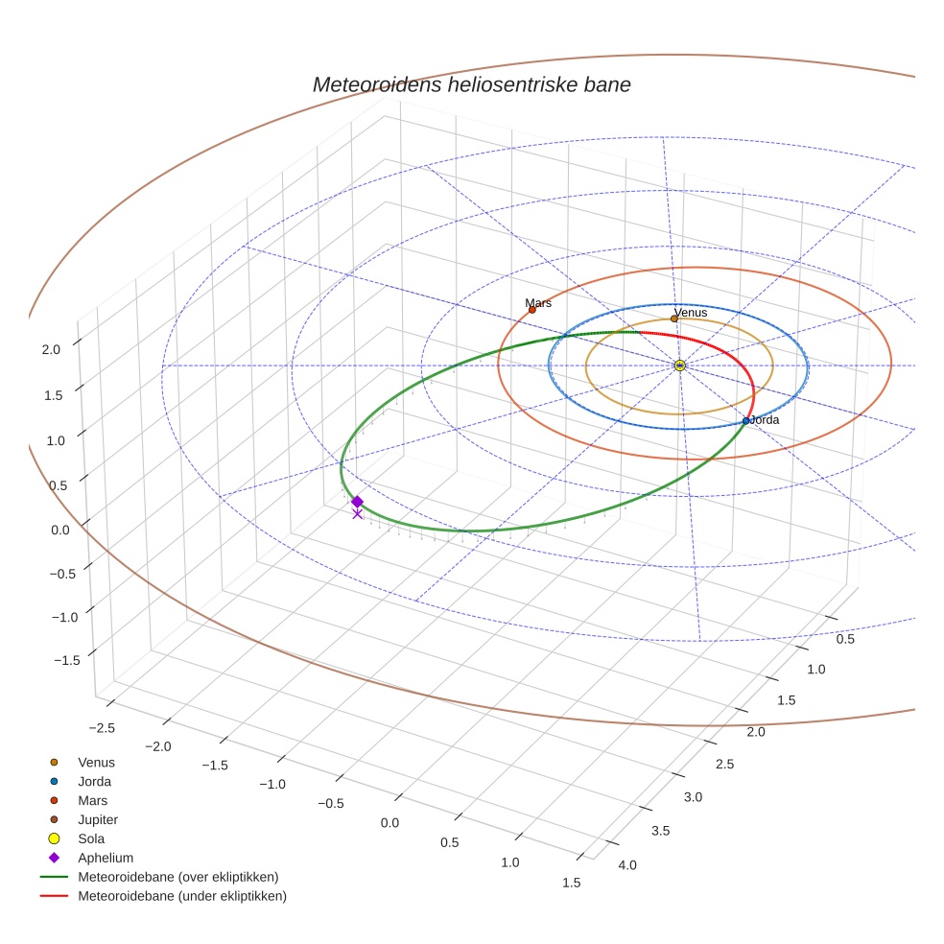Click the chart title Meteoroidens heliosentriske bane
tap(471, 84)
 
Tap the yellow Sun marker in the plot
tap(679, 366)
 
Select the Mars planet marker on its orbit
tap(532, 310)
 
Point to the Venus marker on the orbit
tap(673, 319)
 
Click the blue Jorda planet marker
tap(745, 421)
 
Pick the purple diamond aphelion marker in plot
tap(357, 502)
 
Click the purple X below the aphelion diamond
tap(357, 514)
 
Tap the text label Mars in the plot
tap(538, 303)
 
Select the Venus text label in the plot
tap(691, 313)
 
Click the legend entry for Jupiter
tap(98, 819)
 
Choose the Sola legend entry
tap(92, 838)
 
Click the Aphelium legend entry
tap(106, 858)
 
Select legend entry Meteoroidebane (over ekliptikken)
tap(178, 877)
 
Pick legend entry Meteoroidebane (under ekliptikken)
tap(182, 896)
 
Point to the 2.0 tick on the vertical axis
tap(51, 350)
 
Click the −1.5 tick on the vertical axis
tap(65, 660)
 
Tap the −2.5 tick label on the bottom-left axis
tap(101, 728)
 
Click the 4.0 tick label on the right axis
tap(626, 865)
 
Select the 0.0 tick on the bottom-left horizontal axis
tap(389, 823)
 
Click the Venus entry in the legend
tap(96, 762)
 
